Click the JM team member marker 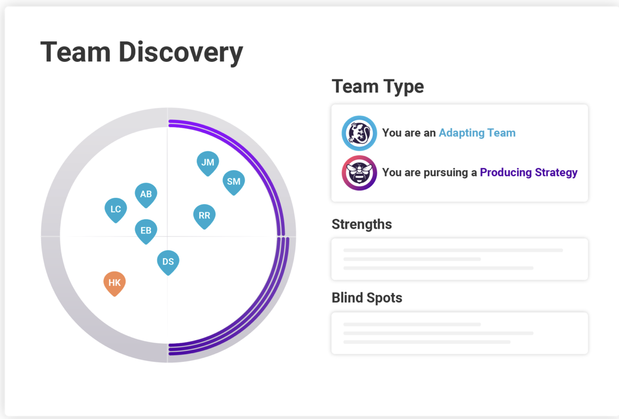208,162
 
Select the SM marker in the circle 233,181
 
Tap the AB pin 146,194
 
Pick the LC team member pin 116,209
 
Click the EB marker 146,230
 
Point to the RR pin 204,215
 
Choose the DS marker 168,262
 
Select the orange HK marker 115,283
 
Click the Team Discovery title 141,52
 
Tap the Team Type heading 378,87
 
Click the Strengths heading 362,224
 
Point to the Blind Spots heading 367,298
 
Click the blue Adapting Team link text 477,133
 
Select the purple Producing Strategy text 528,172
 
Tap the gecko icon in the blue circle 359,133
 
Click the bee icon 359,172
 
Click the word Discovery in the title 181,52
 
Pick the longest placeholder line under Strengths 453,250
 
